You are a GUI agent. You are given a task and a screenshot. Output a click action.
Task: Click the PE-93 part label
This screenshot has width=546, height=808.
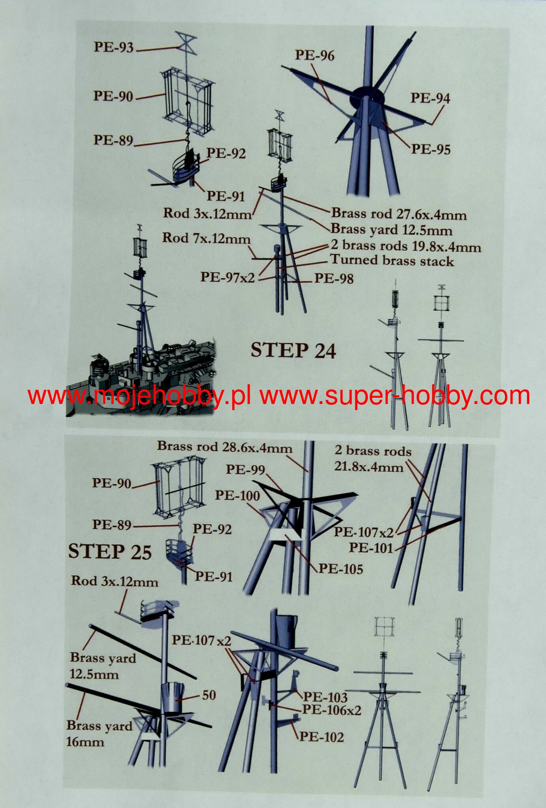(114, 47)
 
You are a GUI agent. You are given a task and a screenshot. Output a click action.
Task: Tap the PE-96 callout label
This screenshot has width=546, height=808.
(315, 55)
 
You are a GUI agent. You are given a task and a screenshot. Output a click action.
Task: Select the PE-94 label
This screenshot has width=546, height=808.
(430, 98)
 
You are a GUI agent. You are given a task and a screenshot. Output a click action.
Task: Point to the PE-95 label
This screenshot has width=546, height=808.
(431, 149)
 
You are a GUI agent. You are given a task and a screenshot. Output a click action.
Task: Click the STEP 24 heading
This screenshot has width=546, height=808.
(293, 350)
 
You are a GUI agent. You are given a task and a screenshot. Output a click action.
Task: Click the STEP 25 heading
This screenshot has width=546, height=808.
(110, 551)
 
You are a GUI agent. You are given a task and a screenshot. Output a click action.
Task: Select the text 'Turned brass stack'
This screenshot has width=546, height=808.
(392, 260)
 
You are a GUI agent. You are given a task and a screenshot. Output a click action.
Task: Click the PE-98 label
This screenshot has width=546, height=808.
(334, 279)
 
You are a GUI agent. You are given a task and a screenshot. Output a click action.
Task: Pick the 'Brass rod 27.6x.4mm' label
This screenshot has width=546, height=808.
(399, 214)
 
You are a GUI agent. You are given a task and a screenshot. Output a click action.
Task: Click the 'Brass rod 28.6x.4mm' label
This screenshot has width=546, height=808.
(225, 447)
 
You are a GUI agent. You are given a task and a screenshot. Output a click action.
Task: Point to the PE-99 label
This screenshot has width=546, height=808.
(245, 469)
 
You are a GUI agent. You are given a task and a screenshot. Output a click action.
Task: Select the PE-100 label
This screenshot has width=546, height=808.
(237, 496)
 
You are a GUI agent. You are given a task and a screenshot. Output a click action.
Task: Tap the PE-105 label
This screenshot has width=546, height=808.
(341, 569)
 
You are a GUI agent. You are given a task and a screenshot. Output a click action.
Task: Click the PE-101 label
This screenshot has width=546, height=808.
(371, 548)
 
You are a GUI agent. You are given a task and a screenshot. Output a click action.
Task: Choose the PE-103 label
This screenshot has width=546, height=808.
(325, 697)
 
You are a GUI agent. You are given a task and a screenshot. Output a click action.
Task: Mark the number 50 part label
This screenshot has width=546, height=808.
(209, 695)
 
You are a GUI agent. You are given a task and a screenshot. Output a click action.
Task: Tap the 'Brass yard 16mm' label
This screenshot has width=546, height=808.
(99, 733)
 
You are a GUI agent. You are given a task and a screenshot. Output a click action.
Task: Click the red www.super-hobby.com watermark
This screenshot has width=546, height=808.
(395, 396)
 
